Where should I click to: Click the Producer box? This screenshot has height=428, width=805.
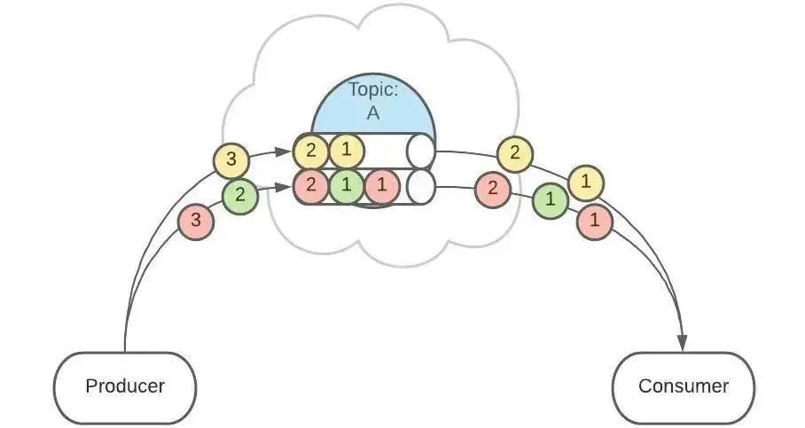[125, 386]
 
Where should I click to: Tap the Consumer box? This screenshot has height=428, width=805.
[684, 386]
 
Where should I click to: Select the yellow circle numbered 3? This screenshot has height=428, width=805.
[231, 160]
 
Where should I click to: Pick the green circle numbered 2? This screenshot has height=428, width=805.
[240, 196]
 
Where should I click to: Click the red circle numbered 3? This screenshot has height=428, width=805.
[196, 221]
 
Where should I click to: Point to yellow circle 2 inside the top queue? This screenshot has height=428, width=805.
[311, 151]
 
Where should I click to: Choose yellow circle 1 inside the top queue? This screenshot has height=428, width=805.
[347, 151]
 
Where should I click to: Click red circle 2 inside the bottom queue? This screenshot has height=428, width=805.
[311, 187]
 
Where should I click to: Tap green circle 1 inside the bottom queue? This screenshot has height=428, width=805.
[347, 187]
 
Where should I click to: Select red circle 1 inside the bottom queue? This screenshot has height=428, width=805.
[382, 187]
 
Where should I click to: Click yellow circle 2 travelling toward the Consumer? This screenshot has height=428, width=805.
[515, 154]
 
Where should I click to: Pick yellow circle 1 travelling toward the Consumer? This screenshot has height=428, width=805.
[586, 183]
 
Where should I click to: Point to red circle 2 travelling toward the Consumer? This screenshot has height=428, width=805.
[493, 189]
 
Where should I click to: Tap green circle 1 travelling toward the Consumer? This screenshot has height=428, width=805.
[551, 200]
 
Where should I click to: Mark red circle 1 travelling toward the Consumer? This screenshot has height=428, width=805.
[595, 221]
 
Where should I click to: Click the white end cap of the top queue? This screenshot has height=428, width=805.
[420, 151]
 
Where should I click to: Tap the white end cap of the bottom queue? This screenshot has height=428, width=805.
[420, 187]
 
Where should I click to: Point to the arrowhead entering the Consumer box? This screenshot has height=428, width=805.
[684, 341]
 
